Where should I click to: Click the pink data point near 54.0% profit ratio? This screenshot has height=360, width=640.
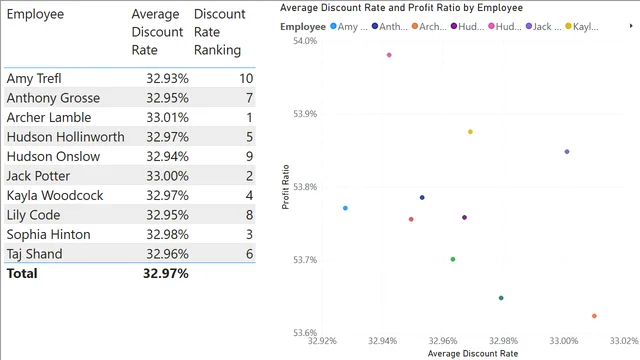click(x=389, y=55)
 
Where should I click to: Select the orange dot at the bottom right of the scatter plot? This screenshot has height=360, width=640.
click(x=594, y=316)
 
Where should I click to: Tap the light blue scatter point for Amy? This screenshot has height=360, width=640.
click(x=345, y=208)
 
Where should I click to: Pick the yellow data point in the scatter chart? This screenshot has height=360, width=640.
click(x=470, y=132)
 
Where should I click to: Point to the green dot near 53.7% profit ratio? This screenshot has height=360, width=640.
click(x=453, y=259)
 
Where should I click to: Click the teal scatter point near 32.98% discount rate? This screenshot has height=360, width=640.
click(x=501, y=298)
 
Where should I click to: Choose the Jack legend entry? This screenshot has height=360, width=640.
click(x=544, y=27)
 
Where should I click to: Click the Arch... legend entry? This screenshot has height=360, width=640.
click(x=429, y=27)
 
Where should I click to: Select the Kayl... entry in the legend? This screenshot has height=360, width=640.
click(x=582, y=27)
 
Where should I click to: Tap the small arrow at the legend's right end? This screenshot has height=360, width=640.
click(x=631, y=26)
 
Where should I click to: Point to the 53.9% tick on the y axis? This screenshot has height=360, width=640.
click(x=305, y=114)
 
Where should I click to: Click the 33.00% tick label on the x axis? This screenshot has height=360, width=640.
click(x=564, y=341)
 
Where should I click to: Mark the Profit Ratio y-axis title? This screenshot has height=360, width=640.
click(x=285, y=187)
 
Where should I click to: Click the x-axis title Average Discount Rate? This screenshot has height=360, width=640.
click(x=473, y=353)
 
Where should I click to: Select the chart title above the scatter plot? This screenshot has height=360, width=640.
click(x=401, y=8)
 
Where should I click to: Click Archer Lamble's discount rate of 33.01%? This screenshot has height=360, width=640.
click(x=167, y=118)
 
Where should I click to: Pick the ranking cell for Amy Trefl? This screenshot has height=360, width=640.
click(x=246, y=78)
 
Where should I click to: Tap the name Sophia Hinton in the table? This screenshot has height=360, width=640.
click(x=49, y=235)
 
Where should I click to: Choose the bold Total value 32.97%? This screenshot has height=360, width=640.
click(x=166, y=273)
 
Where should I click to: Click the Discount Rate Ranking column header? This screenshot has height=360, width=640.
click(x=219, y=32)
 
